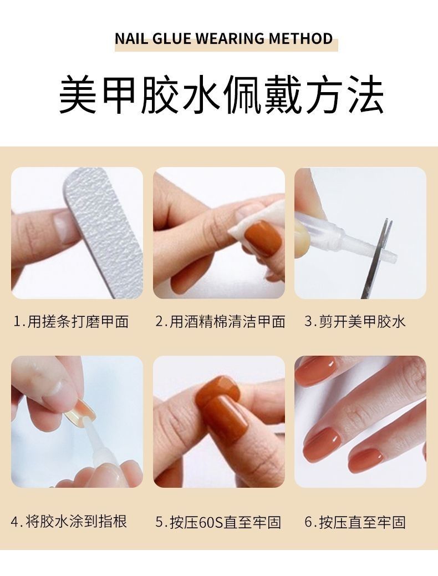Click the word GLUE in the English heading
pos(171,39)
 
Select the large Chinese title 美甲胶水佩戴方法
pos(221,95)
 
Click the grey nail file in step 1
pos(104,228)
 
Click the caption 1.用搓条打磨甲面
pos(70,322)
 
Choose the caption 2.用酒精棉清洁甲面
pos(220,322)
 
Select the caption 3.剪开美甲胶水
pos(355,322)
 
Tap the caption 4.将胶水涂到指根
pos(69,522)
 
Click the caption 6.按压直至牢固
pos(355,522)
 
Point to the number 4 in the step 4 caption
pos(15,522)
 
